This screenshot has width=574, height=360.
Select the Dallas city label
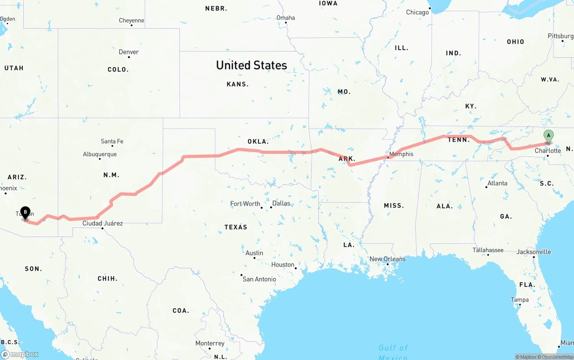(281, 204)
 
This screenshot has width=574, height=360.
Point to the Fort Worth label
(245, 204)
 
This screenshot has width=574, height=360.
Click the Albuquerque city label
(100, 154)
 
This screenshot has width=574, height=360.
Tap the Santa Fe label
(112, 142)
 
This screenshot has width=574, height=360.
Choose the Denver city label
(129, 52)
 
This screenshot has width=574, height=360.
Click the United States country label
(251, 65)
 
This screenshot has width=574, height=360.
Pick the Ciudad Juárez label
(102, 223)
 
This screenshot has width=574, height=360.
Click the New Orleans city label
(387, 259)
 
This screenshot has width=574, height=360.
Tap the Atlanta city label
(497, 183)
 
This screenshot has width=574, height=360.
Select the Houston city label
(283, 265)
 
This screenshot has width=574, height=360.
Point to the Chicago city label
(417, 13)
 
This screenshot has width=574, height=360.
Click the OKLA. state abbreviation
(258, 142)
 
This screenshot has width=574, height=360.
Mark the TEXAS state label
(236, 227)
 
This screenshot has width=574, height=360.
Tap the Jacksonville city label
(534, 252)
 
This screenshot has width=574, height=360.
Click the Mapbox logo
(20, 354)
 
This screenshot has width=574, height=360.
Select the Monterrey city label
(210, 343)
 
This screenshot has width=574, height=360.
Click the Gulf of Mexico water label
(393, 352)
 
